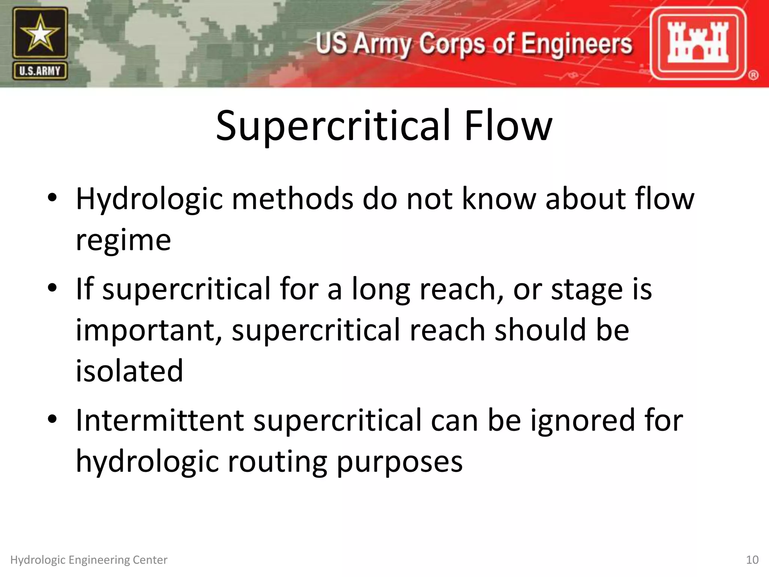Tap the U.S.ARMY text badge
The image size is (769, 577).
tap(40, 71)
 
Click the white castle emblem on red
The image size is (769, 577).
tap(698, 42)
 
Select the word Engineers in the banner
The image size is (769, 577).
tap(576, 44)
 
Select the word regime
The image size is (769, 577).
tap(123, 240)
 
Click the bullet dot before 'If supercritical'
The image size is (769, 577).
tap(52, 288)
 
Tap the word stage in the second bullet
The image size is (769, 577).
tap(587, 290)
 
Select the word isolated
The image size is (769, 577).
tap(129, 371)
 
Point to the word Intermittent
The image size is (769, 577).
tap(160, 420)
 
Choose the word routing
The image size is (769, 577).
tap(277, 462)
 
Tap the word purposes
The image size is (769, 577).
tap(400, 462)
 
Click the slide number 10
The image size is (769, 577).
tap(752, 560)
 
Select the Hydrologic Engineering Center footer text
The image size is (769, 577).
tap(89, 560)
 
